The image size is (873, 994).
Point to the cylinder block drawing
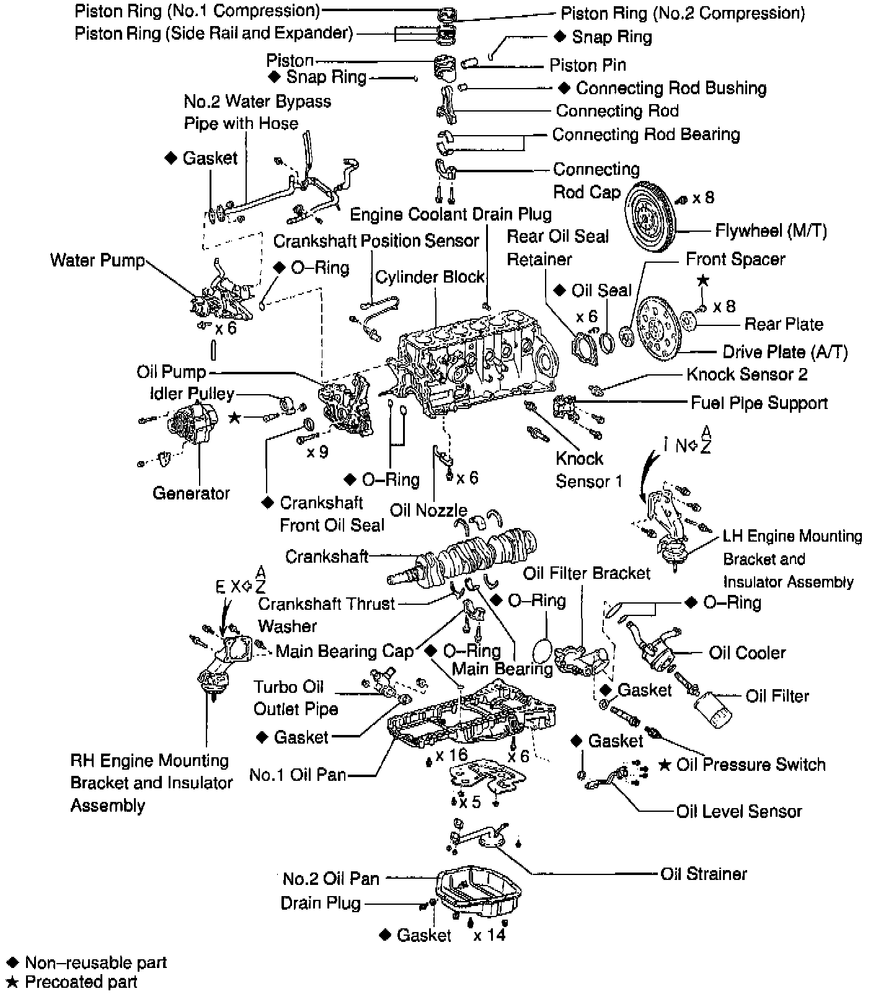(471, 366)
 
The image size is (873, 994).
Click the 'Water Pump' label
(97, 260)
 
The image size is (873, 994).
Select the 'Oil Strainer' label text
(703, 874)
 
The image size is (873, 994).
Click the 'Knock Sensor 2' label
(747, 374)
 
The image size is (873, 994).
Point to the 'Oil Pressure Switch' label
(750, 765)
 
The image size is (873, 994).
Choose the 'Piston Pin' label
(587, 65)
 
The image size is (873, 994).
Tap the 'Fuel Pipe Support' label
(759, 403)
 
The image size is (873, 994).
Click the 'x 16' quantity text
(451, 755)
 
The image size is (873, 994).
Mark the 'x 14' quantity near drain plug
(489, 935)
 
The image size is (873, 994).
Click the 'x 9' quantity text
(317, 452)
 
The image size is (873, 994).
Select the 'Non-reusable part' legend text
(95, 962)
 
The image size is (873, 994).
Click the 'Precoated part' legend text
(81, 982)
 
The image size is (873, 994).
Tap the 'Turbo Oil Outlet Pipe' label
(296, 698)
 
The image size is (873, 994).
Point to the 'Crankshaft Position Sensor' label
(376, 240)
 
